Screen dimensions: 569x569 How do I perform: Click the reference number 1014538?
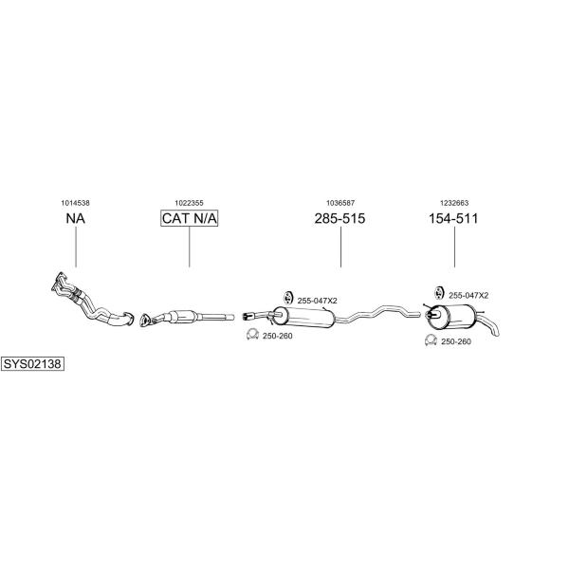[x=75, y=203]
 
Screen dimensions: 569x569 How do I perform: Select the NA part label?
[x=76, y=218]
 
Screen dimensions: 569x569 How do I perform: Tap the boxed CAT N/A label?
[x=189, y=218]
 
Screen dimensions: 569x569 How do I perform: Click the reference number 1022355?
[x=189, y=203]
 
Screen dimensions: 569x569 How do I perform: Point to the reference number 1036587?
[x=340, y=203]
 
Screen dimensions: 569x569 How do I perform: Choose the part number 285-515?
[x=340, y=218]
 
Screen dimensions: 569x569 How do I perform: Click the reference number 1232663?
[x=454, y=203]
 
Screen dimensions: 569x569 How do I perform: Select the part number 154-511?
[x=453, y=218]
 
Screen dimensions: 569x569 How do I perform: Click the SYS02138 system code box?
[x=32, y=363]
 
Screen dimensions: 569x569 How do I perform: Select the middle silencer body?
[x=303, y=317]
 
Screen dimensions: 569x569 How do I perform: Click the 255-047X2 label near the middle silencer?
[x=317, y=301]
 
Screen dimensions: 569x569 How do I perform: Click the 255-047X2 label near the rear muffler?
[x=468, y=296]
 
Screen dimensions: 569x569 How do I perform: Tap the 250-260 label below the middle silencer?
[x=278, y=336]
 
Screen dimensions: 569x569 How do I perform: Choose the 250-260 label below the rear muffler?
[x=456, y=341]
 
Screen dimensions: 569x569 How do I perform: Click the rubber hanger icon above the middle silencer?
[x=288, y=297]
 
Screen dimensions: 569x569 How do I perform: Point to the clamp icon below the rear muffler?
[x=431, y=340]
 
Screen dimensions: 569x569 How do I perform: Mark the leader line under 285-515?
[x=340, y=248]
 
